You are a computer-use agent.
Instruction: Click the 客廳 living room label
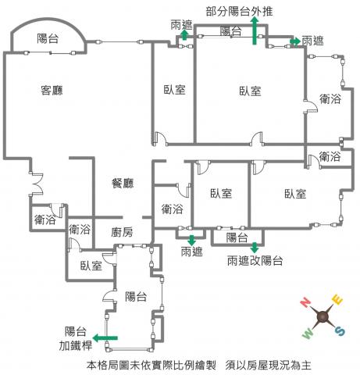coord(52,90)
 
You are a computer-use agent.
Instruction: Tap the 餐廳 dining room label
coord(123,183)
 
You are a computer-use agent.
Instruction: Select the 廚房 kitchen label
coord(122,232)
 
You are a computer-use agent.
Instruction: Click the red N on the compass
coord(305,302)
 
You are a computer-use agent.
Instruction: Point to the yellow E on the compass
coord(337,299)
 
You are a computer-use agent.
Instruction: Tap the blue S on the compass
coord(340,331)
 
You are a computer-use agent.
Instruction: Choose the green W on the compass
coord(308,334)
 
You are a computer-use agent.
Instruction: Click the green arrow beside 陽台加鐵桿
coord(105,338)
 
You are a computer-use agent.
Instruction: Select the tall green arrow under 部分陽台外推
coord(255,30)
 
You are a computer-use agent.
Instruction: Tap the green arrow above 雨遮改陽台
coord(255,248)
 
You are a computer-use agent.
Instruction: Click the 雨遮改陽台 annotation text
coord(255,260)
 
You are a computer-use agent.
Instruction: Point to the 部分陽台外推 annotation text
coord(239,12)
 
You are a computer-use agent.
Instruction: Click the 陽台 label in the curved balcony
coord(48,38)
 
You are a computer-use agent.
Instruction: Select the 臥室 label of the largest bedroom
coord(250,91)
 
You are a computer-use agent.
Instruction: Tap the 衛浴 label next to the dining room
coord(172,209)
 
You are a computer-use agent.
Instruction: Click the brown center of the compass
coord(323,316)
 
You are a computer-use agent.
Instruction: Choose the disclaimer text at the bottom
coord(199,365)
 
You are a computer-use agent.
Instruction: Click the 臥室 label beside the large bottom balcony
coord(91,266)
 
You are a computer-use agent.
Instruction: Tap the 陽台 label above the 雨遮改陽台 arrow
coord(237,237)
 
